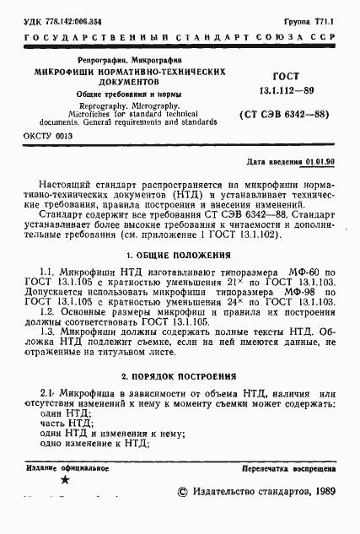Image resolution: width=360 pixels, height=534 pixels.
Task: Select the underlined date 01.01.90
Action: pos(319,160)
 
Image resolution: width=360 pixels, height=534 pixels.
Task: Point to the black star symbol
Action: pos(65,479)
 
